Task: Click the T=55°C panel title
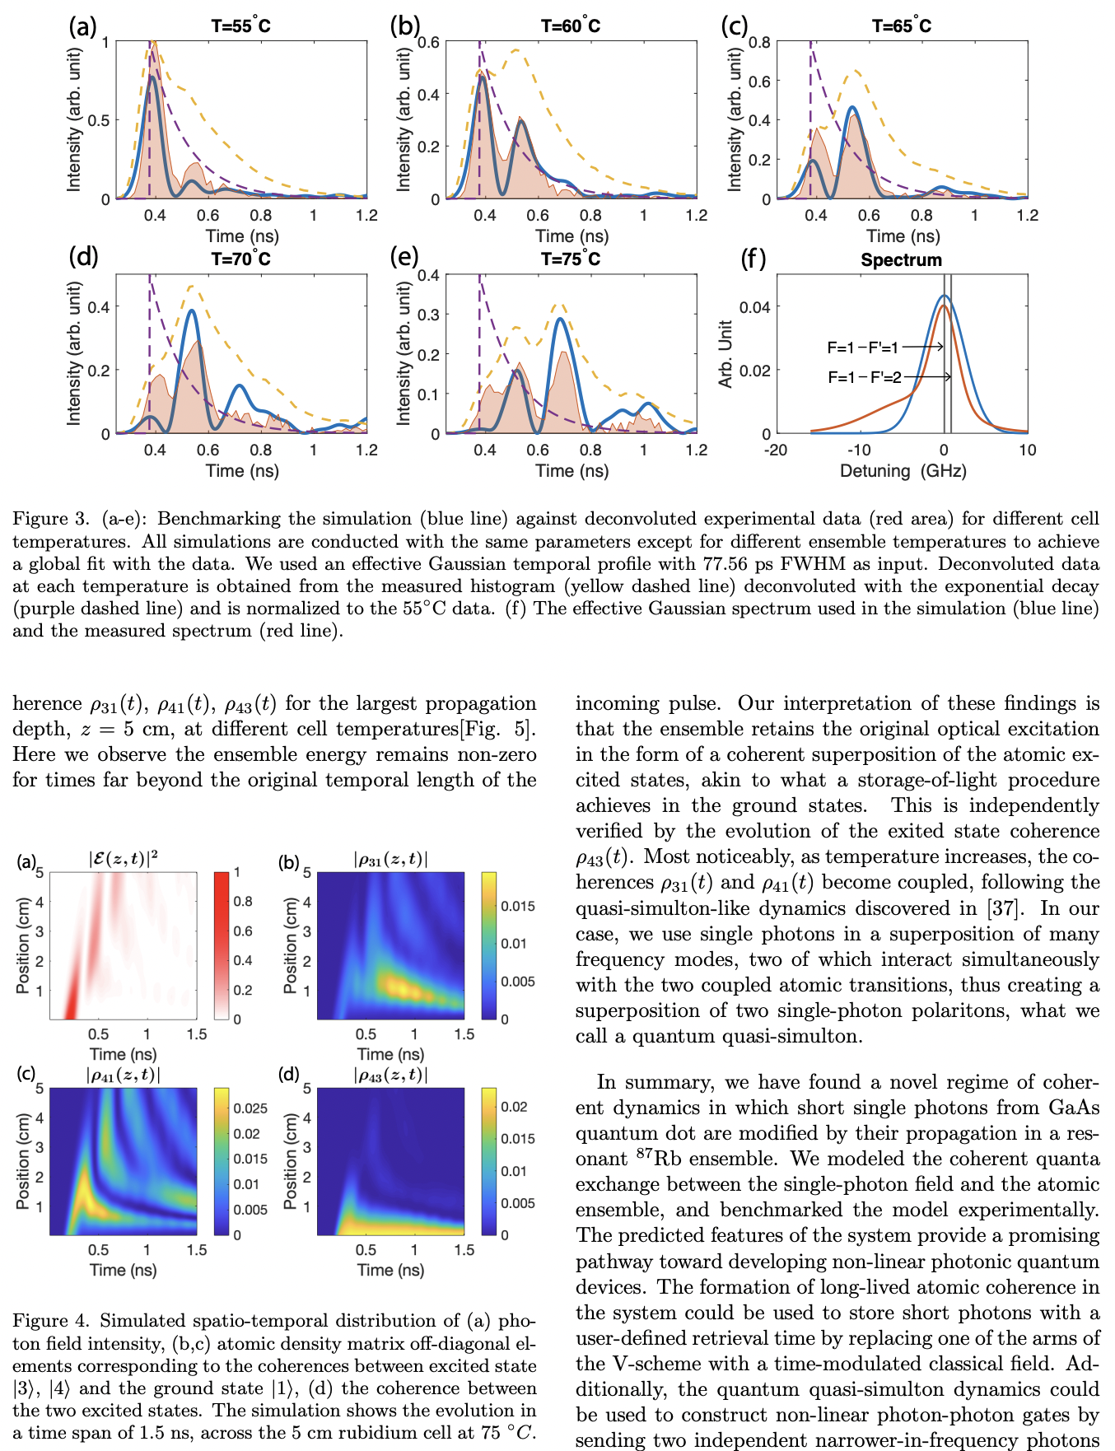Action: click(x=240, y=26)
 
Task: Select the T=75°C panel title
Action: click(x=570, y=259)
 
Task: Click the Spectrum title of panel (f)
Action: click(x=901, y=260)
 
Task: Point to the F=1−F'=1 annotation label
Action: click(x=862, y=348)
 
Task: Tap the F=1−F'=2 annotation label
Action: click(x=864, y=377)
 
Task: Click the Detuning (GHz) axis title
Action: click(x=903, y=471)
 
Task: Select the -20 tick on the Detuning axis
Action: click(x=776, y=450)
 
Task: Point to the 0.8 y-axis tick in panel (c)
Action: click(x=759, y=42)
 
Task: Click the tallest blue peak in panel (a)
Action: click(x=152, y=77)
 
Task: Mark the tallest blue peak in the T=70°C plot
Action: click(x=192, y=310)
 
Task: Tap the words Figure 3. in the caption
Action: click(x=50, y=519)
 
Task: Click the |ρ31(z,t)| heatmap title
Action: click(x=390, y=860)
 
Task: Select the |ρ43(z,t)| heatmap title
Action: click(x=390, y=1075)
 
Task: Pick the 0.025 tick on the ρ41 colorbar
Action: click(x=250, y=1108)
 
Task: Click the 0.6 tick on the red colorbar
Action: click(x=243, y=931)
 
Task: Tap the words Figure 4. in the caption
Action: click(x=50, y=1321)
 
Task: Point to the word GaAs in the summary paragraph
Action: click(x=1074, y=1108)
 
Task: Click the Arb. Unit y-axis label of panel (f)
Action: click(x=725, y=354)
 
